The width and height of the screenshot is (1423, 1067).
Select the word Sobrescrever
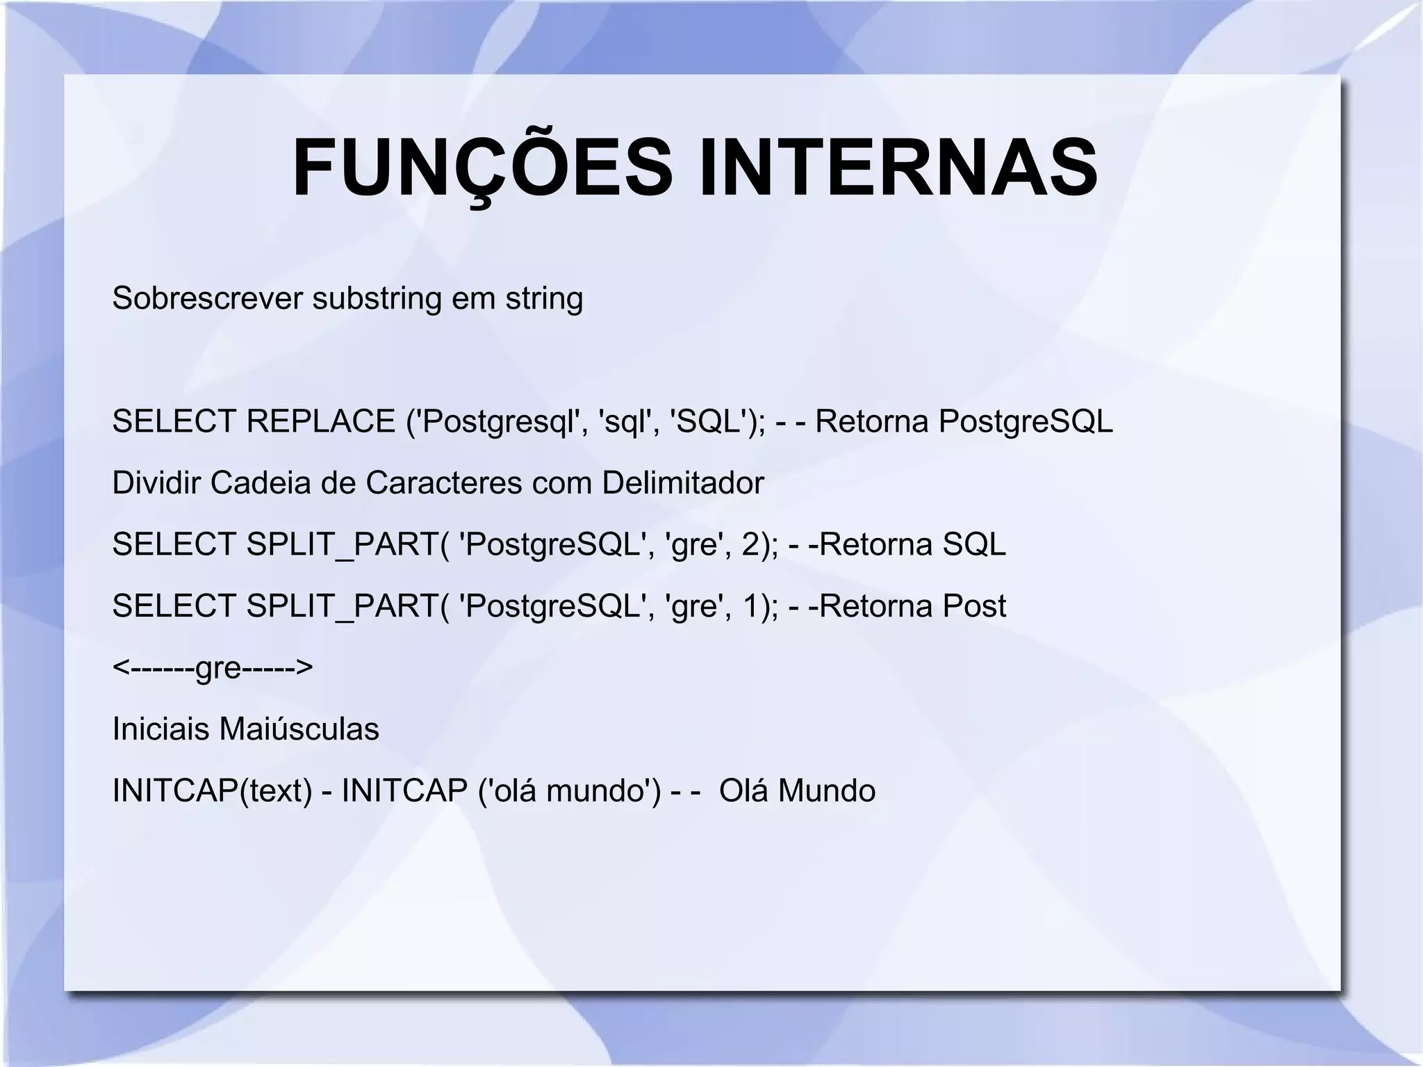pos(207,298)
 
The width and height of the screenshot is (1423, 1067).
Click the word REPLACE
pos(320,421)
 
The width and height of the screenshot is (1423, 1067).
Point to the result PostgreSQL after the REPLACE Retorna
pos(1026,421)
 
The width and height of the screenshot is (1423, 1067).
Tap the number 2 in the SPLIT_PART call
pos(751,544)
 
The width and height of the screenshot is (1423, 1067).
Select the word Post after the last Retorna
pos(973,606)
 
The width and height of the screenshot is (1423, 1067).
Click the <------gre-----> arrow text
pos(213,668)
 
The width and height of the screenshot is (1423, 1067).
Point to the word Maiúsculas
pos(299,729)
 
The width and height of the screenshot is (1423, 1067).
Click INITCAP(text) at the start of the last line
pos(212,791)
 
